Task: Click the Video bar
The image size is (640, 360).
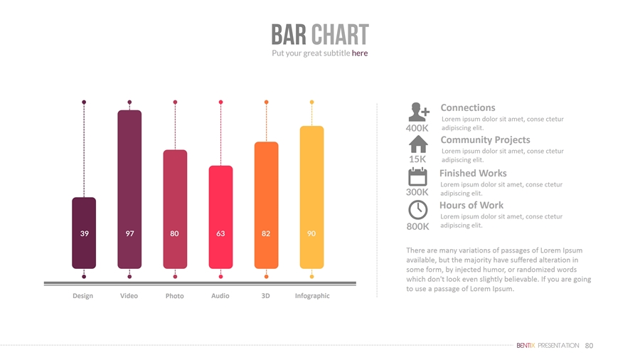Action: click(129, 189)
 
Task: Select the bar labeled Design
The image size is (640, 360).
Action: click(84, 233)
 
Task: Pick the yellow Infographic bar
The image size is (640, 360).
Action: click(311, 197)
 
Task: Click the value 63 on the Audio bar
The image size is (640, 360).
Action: click(220, 233)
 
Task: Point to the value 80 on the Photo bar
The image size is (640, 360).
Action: click(175, 233)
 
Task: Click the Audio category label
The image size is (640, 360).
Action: click(220, 295)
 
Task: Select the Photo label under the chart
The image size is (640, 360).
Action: click(175, 296)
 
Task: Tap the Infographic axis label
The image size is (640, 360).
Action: click(312, 296)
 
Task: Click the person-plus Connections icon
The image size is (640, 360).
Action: click(419, 112)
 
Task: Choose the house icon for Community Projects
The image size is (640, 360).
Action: click(418, 144)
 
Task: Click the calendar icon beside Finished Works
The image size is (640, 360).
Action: click(418, 176)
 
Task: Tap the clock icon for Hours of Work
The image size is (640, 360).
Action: click(418, 210)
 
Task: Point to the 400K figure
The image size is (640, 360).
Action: click(417, 128)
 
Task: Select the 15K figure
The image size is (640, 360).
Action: click(417, 159)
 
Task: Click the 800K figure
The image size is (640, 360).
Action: click(417, 226)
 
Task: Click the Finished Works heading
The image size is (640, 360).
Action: click(473, 173)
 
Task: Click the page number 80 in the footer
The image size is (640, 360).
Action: click(589, 346)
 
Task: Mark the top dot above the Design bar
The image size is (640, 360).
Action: click(84, 102)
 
